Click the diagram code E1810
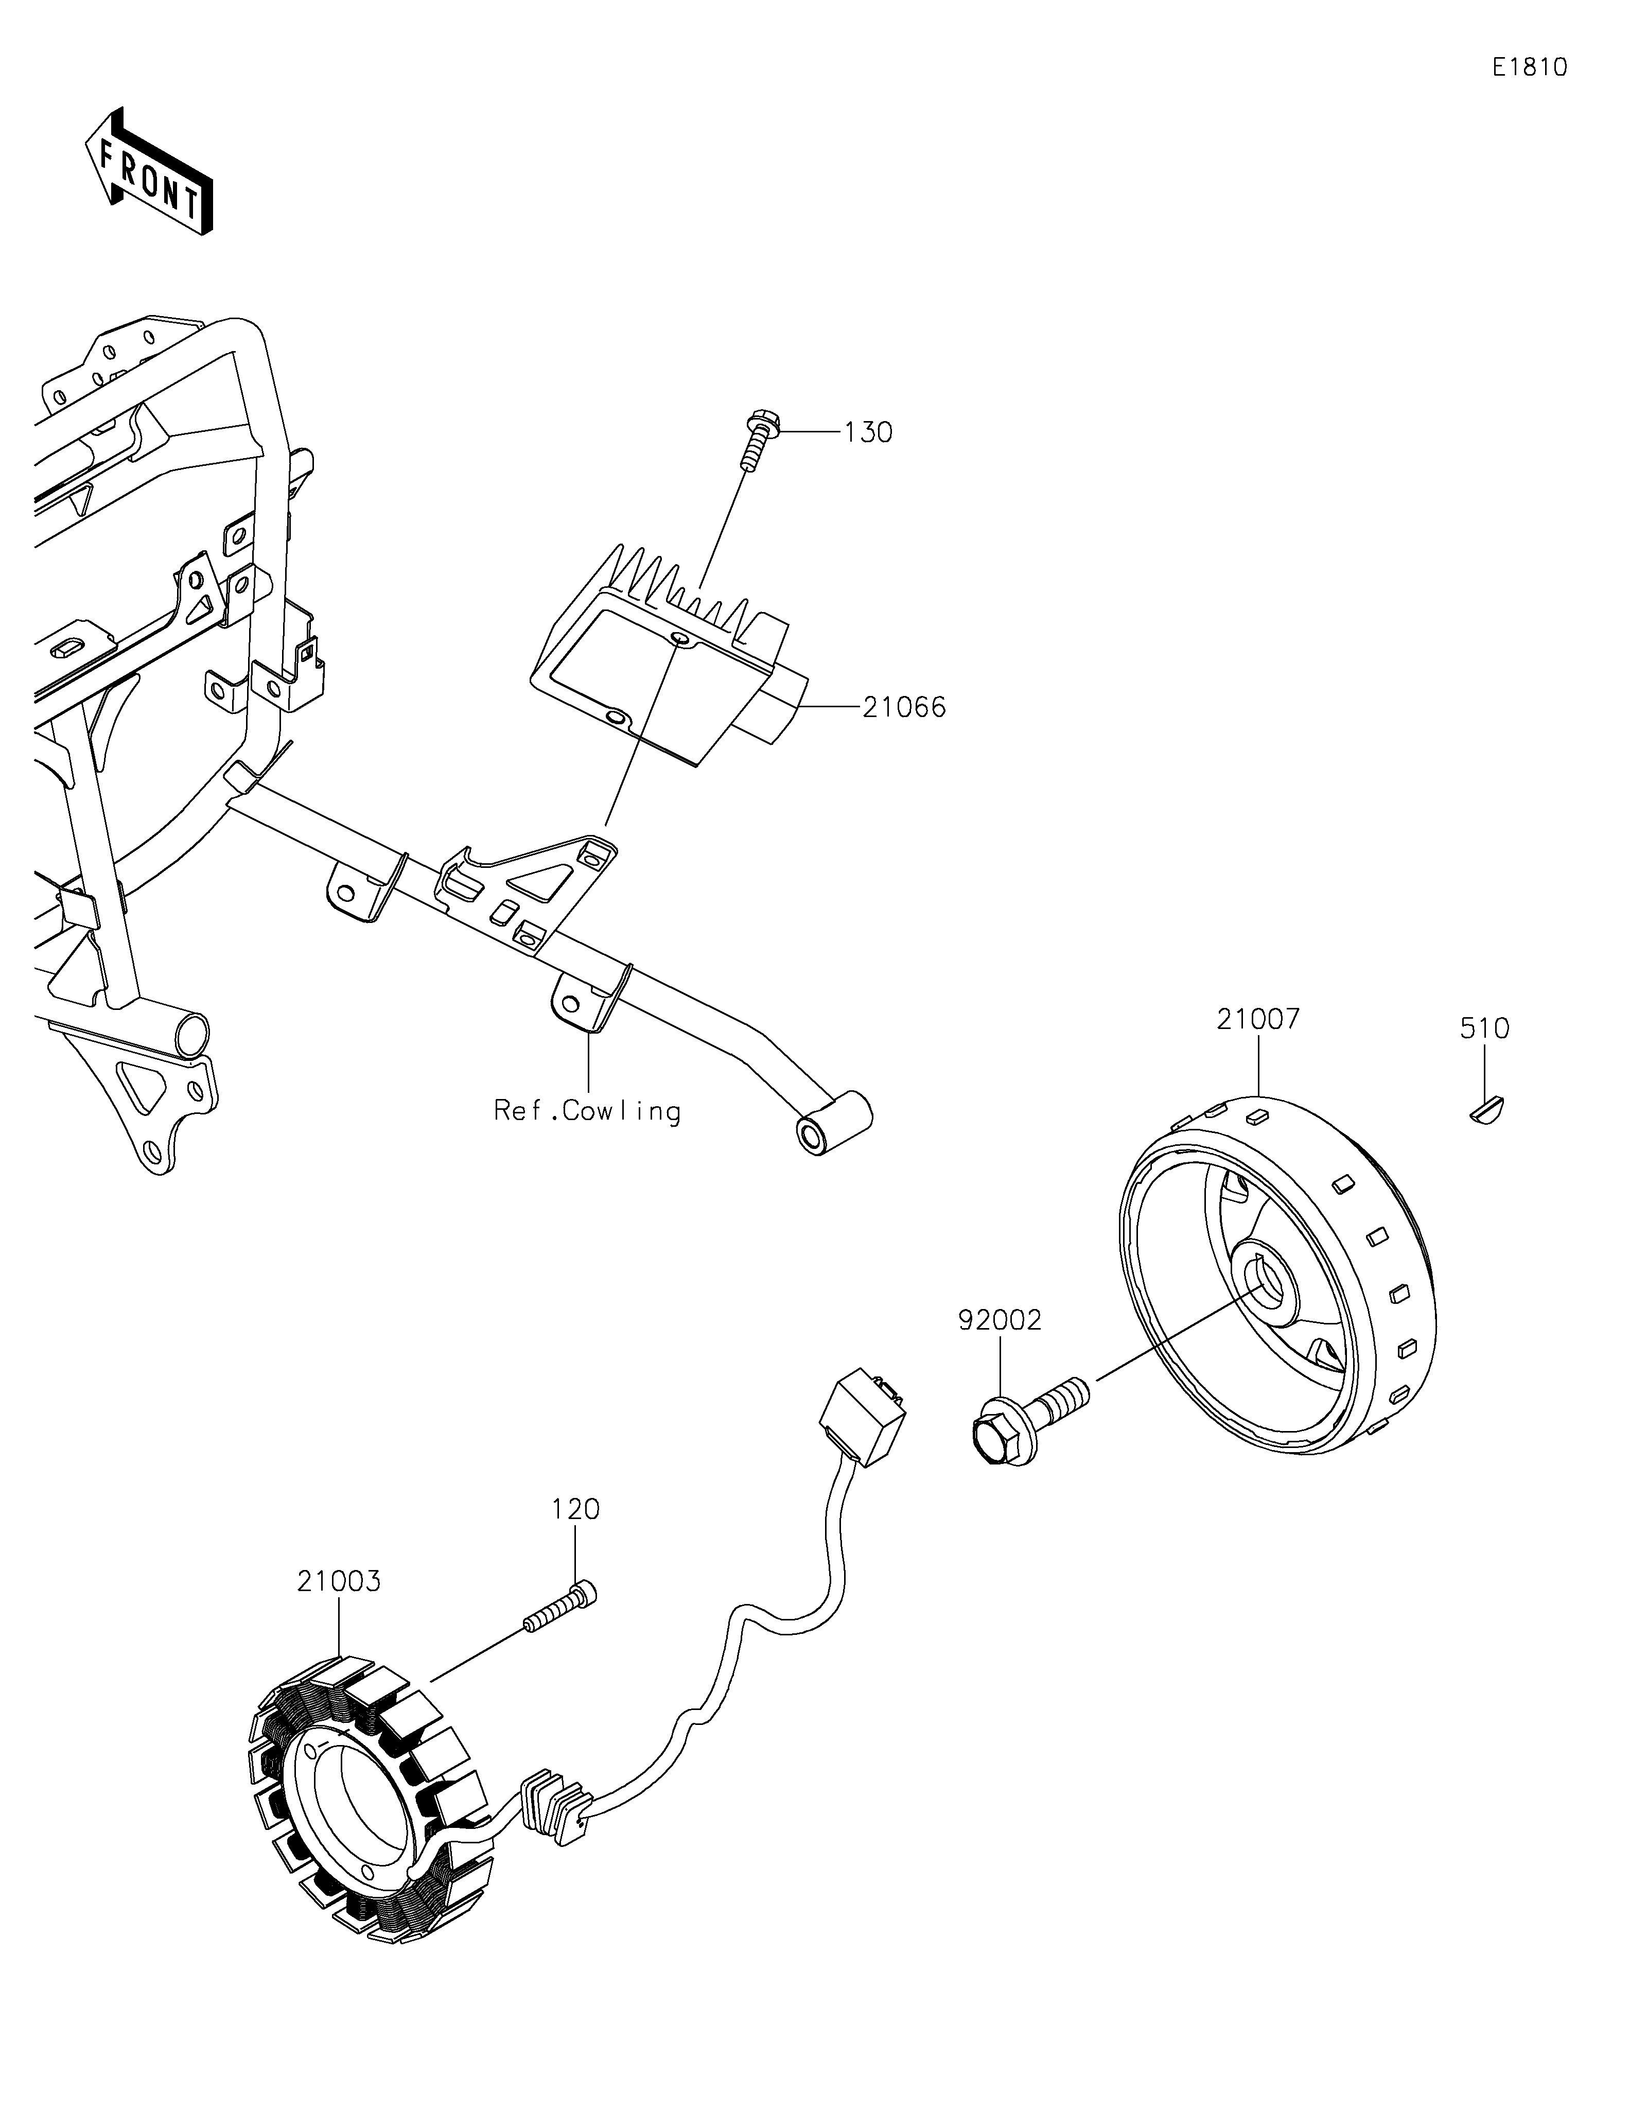coord(1529,67)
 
